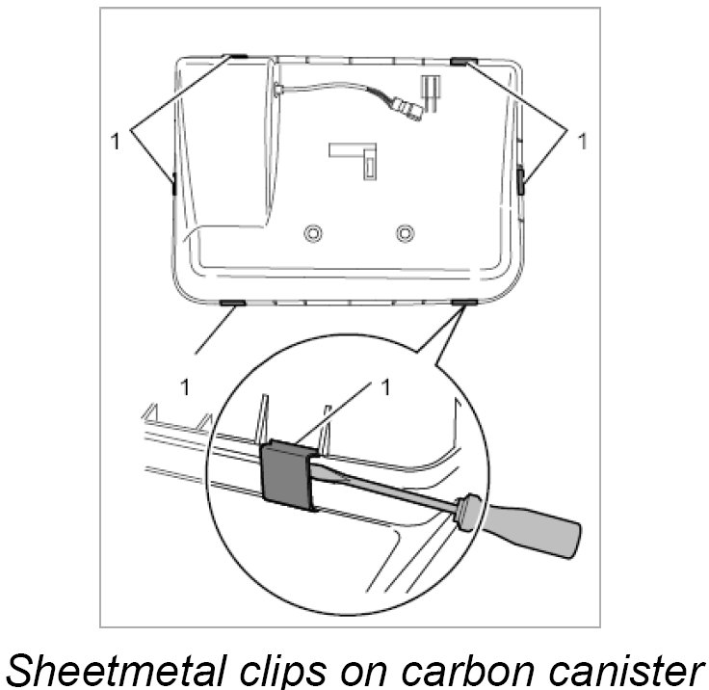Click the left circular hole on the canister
tap(312, 233)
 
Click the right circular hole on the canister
tap(405, 233)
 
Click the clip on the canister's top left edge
tap(237, 57)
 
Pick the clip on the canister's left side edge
tap(172, 184)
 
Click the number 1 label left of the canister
tap(116, 141)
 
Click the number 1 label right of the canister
tap(581, 141)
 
